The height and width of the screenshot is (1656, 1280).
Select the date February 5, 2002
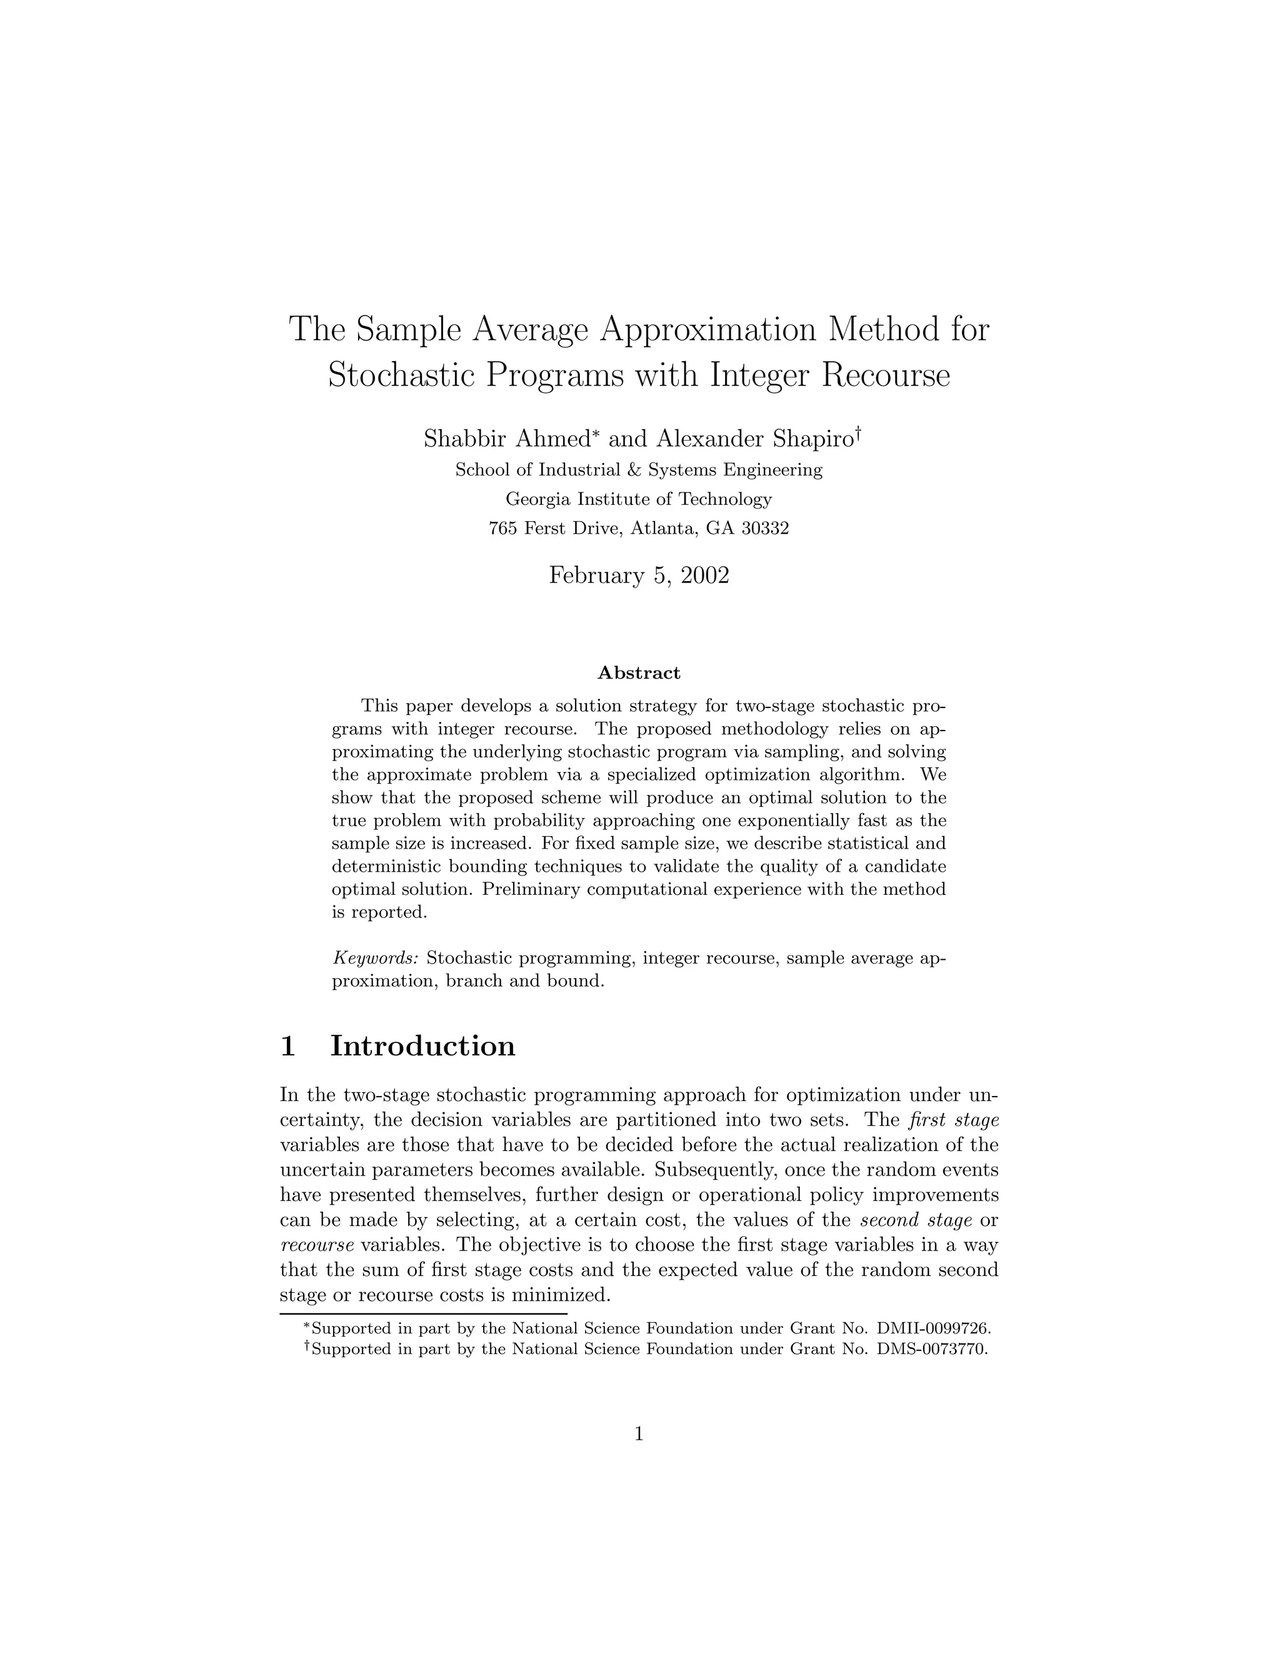[x=639, y=575]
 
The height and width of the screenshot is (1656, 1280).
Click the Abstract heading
[x=639, y=672]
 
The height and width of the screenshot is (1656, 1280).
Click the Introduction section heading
[x=422, y=1045]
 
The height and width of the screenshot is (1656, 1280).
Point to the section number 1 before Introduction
[x=288, y=1045]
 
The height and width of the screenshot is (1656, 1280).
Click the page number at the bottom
[x=639, y=1433]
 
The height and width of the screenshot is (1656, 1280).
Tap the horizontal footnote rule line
[x=423, y=1312]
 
